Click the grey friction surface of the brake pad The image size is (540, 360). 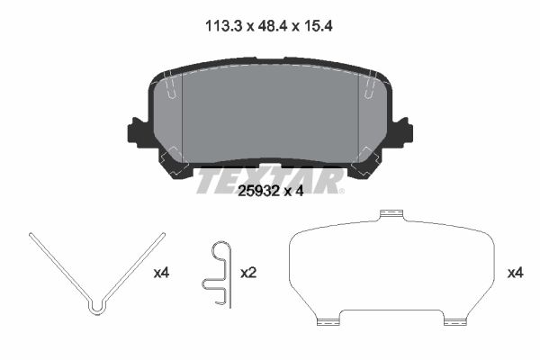pyautogui.click(x=270, y=112)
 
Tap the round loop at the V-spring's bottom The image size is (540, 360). pyautogui.click(x=97, y=308)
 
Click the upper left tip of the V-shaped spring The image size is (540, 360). pyautogui.click(x=31, y=235)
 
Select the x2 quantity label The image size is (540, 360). pyautogui.click(x=248, y=271)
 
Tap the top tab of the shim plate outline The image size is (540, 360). pyautogui.click(x=390, y=214)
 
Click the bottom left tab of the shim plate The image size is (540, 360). pyautogui.click(x=329, y=318)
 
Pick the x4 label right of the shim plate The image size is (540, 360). pyautogui.click(x=515, y=271)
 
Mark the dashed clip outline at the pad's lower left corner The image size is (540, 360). pyautogui.click(x=174, y=165)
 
